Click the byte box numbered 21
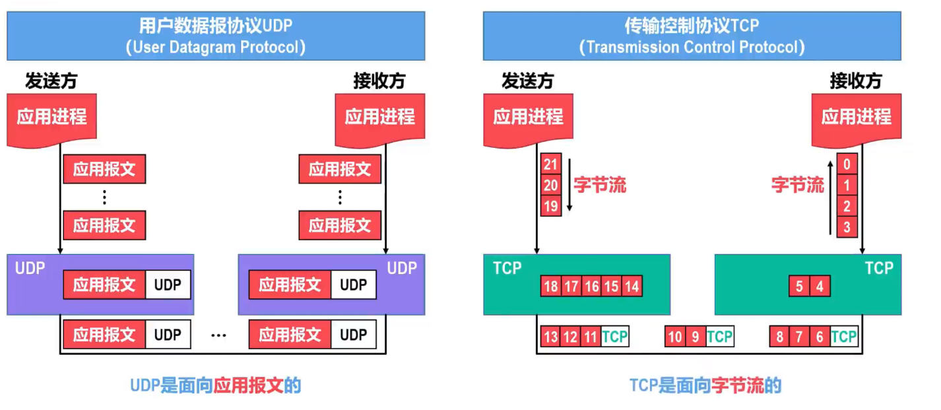coord(550,164)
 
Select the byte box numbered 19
coord(550,205)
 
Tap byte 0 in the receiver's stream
coord(847,164)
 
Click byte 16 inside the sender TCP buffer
coord(591,287)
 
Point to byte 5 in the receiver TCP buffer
coord(799,287)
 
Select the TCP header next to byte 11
coord(615,337)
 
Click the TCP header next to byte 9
coord(719,337)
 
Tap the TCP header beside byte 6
coord(843,337)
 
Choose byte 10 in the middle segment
coord(675,337)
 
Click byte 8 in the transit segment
coord(779,337)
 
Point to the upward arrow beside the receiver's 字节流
coord(831,195)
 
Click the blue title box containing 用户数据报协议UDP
coord(216,36)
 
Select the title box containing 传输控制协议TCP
coord(692,36)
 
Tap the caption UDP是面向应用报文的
coord(215,386)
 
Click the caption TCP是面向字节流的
coord(705,386)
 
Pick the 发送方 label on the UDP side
coord(51,81)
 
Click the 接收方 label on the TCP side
coord(856,81)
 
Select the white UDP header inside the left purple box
coord(168,285)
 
